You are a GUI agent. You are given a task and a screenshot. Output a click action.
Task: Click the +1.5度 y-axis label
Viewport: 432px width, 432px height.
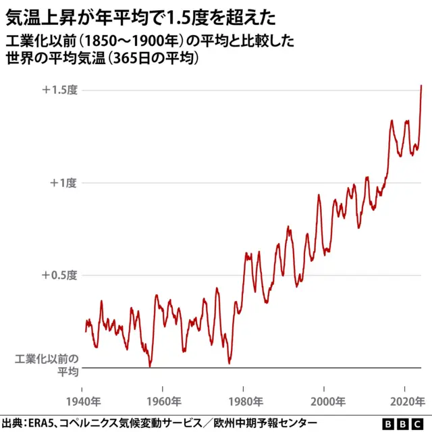click(60, 90)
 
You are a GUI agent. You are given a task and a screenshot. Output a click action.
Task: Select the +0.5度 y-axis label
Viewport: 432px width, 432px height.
click(60, 275)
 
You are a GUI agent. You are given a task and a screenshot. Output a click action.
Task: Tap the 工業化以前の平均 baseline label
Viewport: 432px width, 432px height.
click(47, 365)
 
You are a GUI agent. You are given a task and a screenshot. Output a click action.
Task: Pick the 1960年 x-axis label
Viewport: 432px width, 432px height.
click(163, 401)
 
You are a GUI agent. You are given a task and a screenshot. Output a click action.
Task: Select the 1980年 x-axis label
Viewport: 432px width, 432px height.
click(244, 401)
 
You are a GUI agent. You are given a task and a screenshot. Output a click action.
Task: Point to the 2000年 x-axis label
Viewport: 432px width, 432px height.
click(325, 401)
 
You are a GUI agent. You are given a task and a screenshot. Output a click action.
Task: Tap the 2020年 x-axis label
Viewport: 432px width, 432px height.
click(406, 401)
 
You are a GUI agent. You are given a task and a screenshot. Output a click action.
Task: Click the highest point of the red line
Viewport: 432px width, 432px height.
click(421, 86)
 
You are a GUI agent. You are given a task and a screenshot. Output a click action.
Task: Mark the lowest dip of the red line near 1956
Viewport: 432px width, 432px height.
click(150, 366)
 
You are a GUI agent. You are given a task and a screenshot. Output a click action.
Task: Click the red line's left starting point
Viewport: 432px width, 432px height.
click(86, 331)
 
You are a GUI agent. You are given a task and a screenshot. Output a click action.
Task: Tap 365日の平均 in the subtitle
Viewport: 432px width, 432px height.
click(151, 59)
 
